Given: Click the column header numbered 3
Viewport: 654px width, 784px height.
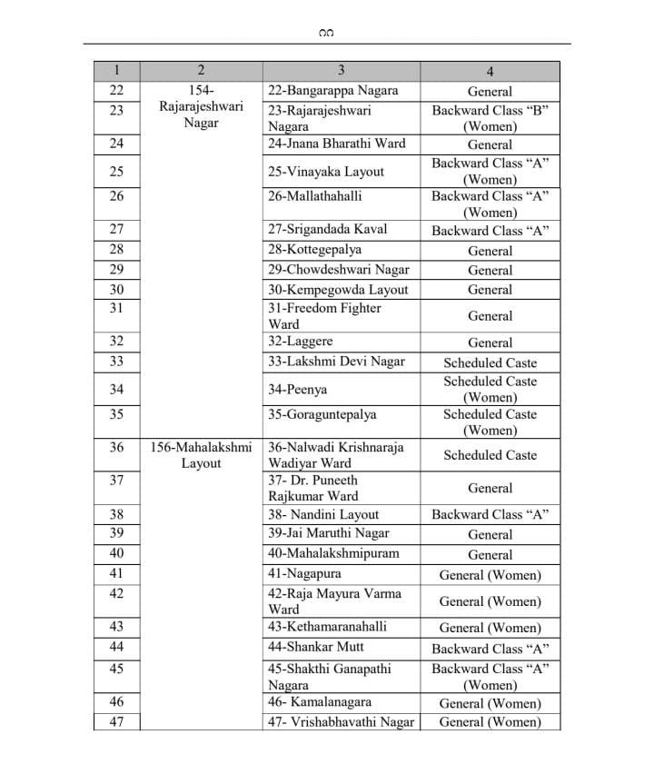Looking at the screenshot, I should [341, 71].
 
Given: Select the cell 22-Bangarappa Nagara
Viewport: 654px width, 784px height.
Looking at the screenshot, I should [332, 91].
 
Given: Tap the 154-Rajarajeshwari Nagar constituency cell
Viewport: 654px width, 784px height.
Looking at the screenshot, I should [201, 106].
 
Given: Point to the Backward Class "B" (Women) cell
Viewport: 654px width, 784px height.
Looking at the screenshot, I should [490, 118].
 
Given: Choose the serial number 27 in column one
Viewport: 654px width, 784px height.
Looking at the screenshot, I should [116, 230].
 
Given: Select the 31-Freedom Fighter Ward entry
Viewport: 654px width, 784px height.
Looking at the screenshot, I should [324, 315].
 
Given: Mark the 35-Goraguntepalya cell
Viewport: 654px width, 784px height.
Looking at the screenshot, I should [322, 415].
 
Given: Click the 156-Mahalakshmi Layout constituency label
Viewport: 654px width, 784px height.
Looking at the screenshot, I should [201, 455].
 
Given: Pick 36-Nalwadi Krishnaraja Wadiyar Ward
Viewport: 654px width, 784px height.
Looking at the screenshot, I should [335, 455].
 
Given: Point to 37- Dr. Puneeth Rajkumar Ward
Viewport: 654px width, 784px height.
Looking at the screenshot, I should [313, 488].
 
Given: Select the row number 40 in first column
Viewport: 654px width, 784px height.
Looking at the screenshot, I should [116, 553].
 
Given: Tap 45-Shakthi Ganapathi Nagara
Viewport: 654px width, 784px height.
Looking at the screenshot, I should [329, 677].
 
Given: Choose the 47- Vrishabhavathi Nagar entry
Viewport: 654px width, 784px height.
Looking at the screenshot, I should [341, 722].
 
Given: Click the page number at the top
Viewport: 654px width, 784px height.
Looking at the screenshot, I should [327, 34].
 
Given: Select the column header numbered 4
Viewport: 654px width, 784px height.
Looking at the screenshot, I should [490, 71].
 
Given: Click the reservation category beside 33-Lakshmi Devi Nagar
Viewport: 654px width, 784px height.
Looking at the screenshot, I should [490, 362].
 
